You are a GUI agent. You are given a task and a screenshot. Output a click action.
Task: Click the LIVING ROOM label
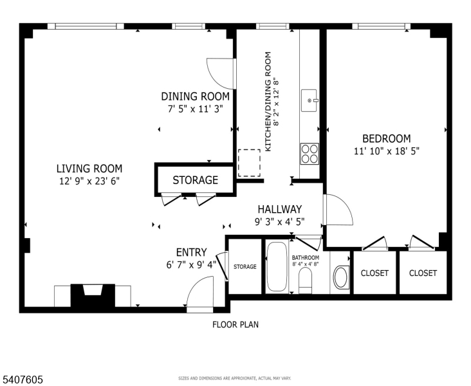point(88,169)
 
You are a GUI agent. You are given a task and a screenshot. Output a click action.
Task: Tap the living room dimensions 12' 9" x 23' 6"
point(88,181)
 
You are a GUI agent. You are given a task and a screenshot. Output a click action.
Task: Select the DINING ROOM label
point(195,96)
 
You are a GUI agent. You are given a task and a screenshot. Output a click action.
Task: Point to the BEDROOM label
point(386,138)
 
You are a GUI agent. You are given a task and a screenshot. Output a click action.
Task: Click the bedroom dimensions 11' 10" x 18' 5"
point(386,151)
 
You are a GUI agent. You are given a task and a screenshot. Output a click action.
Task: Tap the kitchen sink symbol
point(309,100)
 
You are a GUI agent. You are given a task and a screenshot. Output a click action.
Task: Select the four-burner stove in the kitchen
point(309,153)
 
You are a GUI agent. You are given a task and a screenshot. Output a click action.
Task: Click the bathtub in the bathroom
point(278,267)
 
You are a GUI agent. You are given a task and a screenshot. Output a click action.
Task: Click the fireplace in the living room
point(92,296)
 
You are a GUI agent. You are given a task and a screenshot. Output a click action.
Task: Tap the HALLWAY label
point(279,209)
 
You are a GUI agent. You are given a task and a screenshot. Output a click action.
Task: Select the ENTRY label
point(192,252)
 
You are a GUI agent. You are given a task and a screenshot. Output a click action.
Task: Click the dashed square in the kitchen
point(249,163)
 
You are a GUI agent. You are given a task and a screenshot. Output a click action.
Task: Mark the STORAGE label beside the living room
point(195,180)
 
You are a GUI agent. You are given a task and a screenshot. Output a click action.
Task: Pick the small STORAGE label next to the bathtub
point(245,266)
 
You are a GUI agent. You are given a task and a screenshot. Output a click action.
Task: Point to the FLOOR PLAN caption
point(235,325)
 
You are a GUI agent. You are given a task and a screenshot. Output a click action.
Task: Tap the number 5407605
point(23,380)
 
